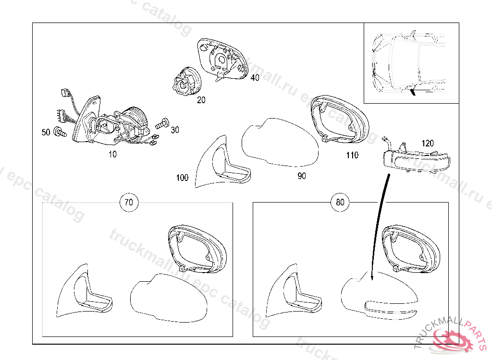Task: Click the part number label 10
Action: (112, 155)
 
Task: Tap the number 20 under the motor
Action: (201, 100)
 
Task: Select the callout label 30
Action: (175, 130)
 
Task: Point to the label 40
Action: (254, 77)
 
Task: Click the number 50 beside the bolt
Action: (46, 132)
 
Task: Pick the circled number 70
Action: (128, 202)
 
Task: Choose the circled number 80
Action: (340, 202)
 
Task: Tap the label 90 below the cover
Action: (301, 176)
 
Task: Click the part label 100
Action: (183, 178)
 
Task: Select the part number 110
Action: (352, 155)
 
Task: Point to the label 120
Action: (428, 143)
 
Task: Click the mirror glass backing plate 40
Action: (221, 58)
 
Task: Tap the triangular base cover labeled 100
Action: (219, 163)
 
